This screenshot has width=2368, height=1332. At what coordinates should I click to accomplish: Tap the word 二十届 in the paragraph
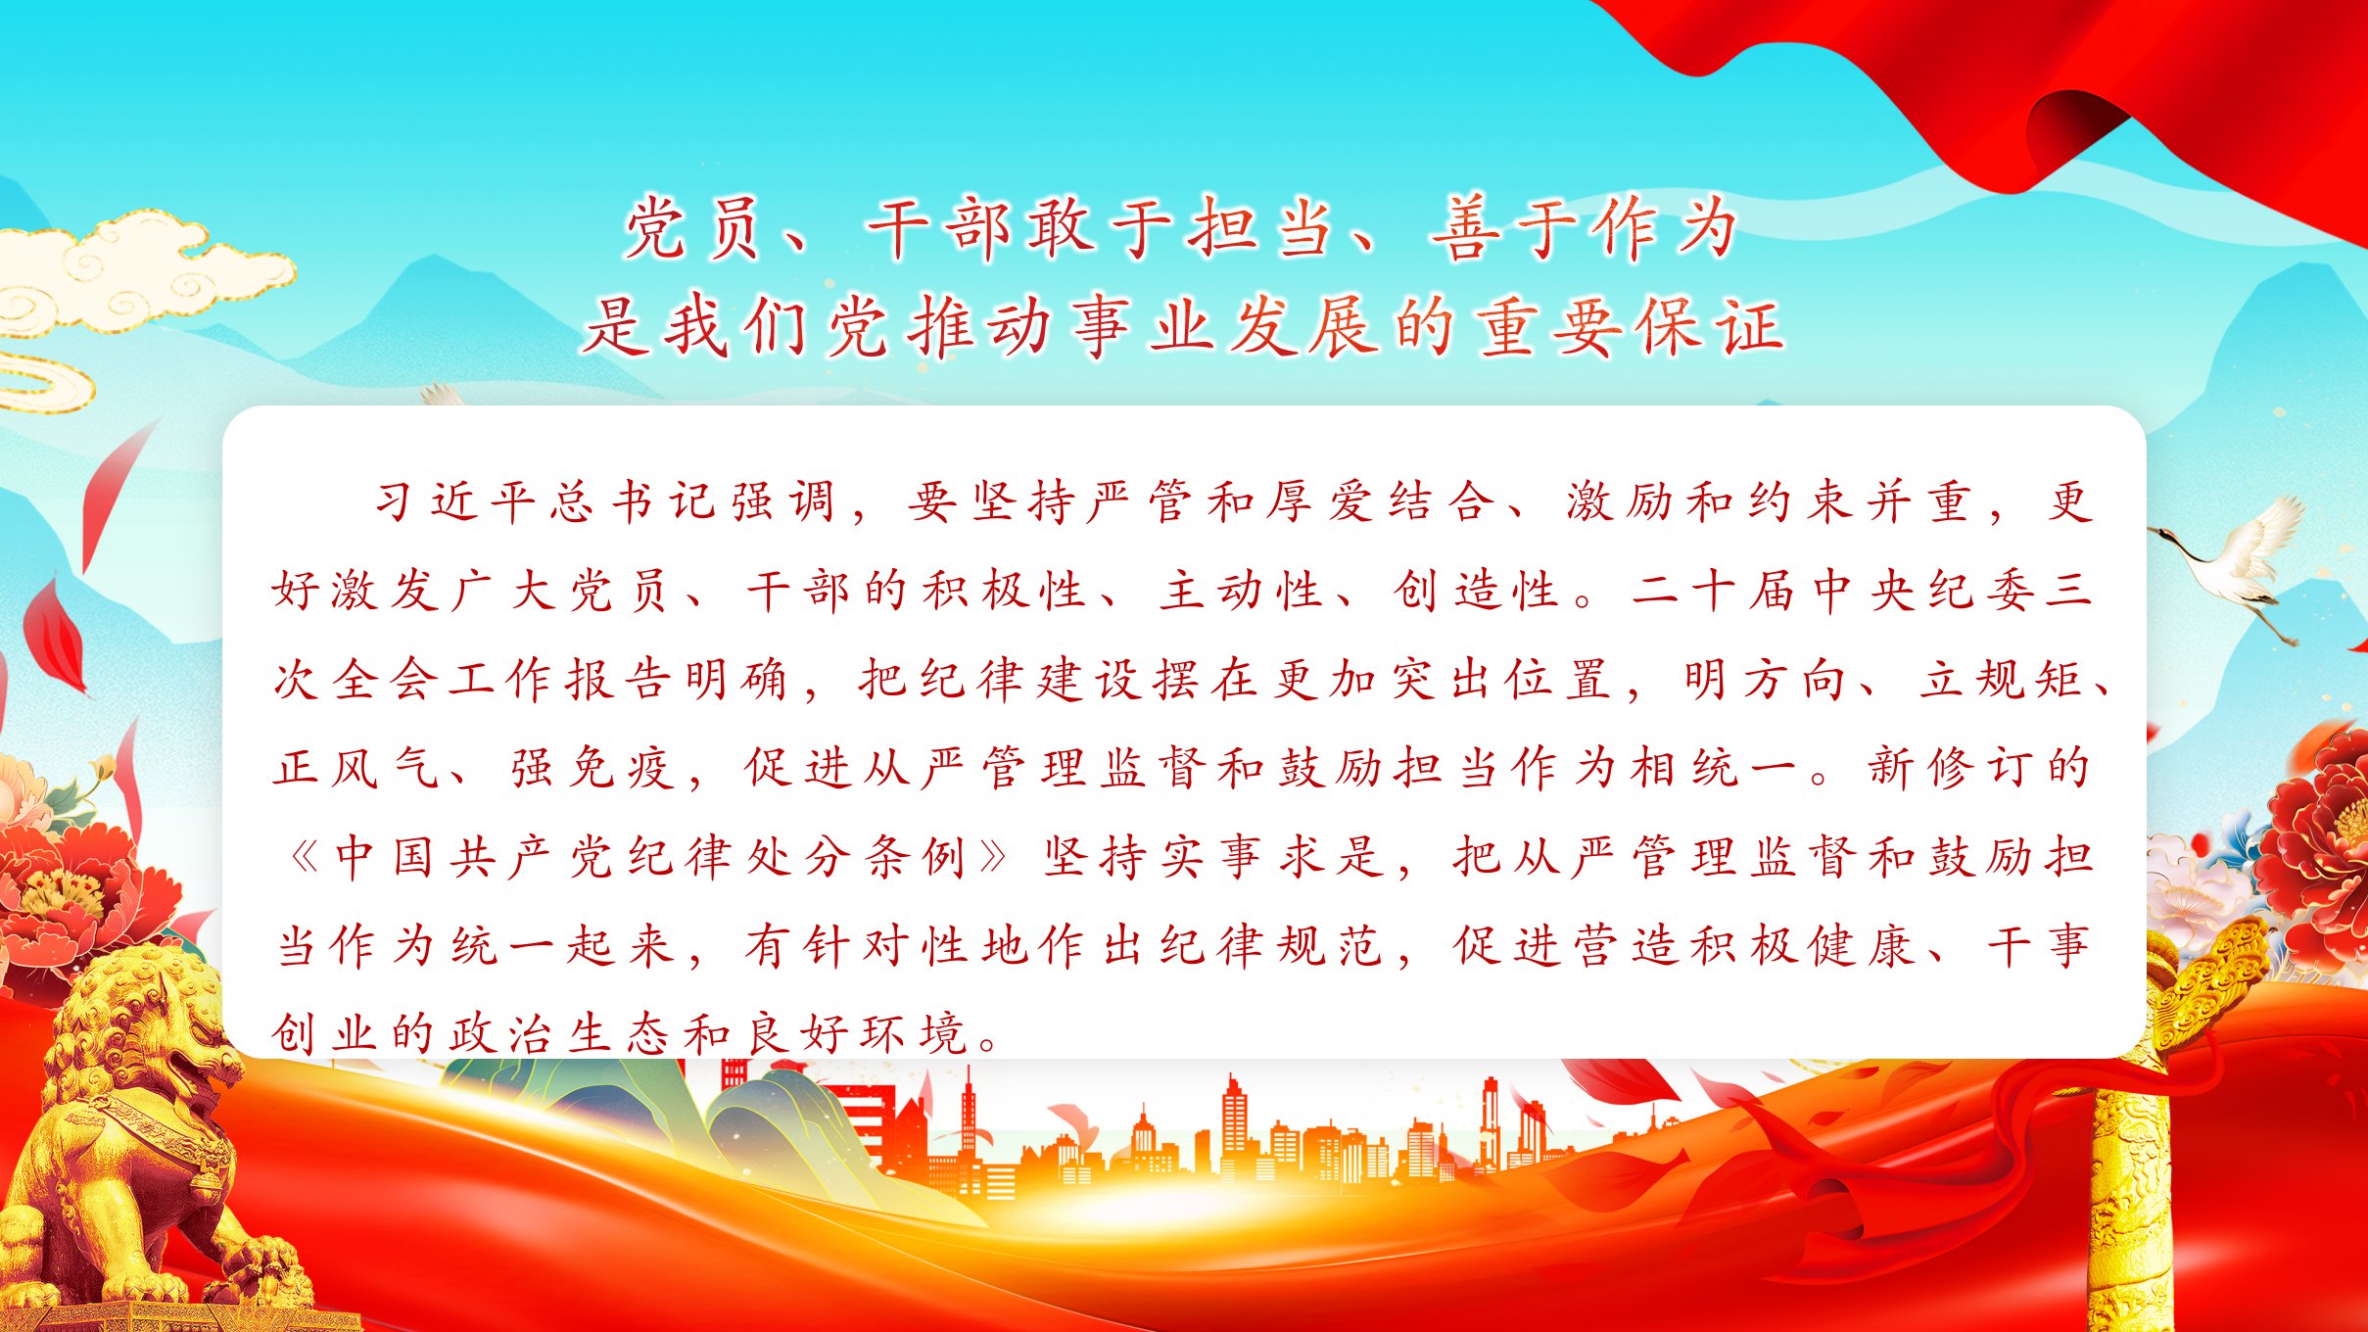(1712, 591)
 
